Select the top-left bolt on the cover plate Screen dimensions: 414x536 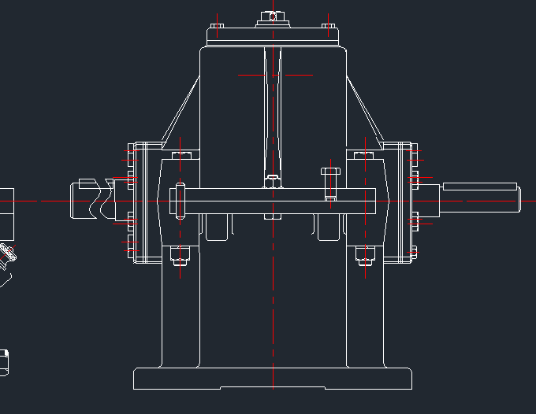tap(218, 26)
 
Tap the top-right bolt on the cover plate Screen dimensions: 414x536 tap(328, 26)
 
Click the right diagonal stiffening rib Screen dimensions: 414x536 tap(363, 114)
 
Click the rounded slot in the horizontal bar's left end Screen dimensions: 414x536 tap(181, 200)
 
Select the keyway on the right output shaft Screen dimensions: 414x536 tap(479, 187)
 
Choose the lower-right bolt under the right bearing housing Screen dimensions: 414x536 tap(364, 257)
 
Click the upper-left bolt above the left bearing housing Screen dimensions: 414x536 tap(181, 155)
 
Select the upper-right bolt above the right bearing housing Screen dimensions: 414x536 tap(364, 155)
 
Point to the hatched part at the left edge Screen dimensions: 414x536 tap(9, 253)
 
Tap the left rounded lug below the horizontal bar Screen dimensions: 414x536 tap(218, 227)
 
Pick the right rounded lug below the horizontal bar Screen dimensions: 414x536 tap(329, 227)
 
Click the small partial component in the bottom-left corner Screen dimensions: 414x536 tap(4, 362)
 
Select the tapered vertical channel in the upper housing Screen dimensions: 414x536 tap(272, 110)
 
